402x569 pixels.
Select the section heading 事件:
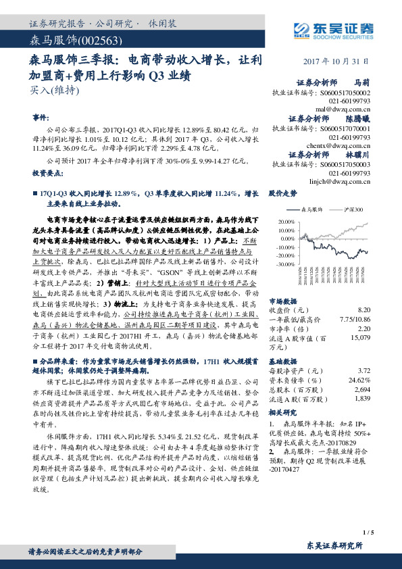[41, 116]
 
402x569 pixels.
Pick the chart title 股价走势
[282, 193]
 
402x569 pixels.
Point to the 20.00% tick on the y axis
[286, 221]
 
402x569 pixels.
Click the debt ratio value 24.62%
[359, 380]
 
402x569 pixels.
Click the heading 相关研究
[282, 412]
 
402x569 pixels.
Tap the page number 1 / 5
[368, 533]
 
